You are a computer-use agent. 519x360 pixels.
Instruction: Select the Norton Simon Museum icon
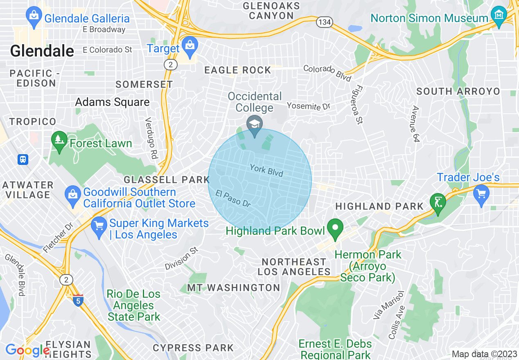(x=499, y=16)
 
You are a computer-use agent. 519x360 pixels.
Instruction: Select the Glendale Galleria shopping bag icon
(x=33, y=16)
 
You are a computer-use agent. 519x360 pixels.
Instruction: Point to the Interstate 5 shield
(x=78, y=300)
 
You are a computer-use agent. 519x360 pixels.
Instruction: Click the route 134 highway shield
(x=324, y=22)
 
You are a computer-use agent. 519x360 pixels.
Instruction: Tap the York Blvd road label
(x=266, y=171)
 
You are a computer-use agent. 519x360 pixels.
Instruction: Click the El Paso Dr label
(x=233, y=199)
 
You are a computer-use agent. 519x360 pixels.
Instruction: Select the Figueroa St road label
(x=359, y=104)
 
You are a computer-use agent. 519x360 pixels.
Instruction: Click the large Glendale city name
(x=42, y=51)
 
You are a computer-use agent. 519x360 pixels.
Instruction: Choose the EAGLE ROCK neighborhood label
(x=238, y=70)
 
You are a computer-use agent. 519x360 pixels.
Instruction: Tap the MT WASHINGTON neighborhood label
(x=233, y=288)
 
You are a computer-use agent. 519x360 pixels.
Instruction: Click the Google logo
(x=27, y=350)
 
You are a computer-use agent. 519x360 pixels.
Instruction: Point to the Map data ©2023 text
(x=484, y=354)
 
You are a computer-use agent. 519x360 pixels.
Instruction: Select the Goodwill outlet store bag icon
(x=73, y=195)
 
